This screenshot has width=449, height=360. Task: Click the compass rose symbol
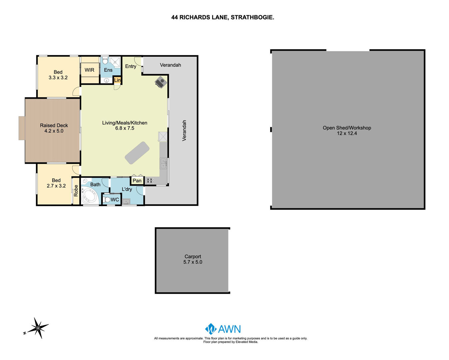(x=38, y=328)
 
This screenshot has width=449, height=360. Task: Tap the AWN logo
(x=223, y=329)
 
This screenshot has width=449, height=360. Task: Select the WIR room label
(x=89, y=70)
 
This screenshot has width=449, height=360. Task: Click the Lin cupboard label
(x=117, y=80)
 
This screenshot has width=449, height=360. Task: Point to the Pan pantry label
(x=137, y=181)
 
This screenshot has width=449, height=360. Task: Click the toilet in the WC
(x=107, y=200)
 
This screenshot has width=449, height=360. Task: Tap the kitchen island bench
(x=137, y=153)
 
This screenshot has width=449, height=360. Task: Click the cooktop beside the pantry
(x=150, y=181)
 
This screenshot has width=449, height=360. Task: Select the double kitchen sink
(x=163, y=164)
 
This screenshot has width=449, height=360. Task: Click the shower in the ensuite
(x=115, y=62)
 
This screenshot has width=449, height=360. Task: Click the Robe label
(x=76, y=191)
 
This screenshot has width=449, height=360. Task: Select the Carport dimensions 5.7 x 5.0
(x=193, y=262)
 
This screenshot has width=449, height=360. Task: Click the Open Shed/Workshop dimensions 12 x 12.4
(x=347, y=133)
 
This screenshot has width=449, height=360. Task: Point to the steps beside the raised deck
(x=22, y=128)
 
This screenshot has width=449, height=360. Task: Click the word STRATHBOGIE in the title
(x=252, y=17)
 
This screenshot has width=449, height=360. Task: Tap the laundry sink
(x=126, y=202)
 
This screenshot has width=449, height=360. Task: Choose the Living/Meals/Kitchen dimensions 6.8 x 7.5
(x=125, y=128)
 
